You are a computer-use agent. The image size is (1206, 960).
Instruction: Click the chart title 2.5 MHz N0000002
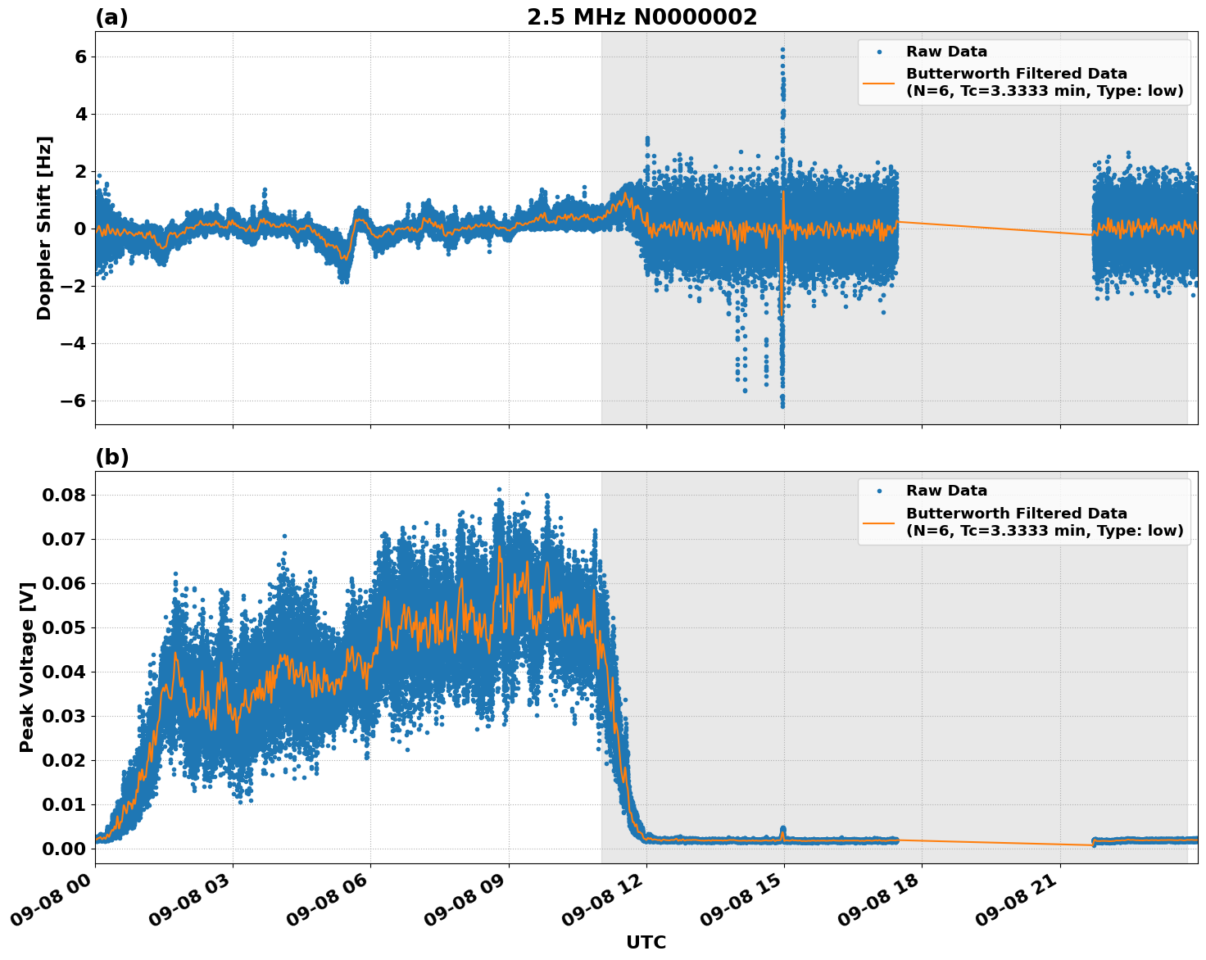pos(642,17)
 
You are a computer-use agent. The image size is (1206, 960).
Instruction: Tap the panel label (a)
pos(111,17)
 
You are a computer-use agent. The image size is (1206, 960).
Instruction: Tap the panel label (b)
pos(111,457)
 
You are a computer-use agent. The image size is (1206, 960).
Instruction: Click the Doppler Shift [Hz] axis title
pos(44,228)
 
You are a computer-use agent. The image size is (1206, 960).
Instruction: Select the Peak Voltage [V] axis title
pos(27,667)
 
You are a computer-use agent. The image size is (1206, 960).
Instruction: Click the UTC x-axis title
pos(646,942)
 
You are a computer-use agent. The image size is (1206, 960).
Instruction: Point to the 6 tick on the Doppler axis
pos(80,57)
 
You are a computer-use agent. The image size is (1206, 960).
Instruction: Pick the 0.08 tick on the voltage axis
pos(64,495)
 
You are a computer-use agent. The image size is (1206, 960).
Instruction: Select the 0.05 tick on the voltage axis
pos(64,627)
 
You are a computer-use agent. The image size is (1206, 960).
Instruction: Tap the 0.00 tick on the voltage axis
pos(64,849)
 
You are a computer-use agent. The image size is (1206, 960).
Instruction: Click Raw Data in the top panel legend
pos(946,52)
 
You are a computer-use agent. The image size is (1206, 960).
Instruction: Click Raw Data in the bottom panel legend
pos(946,491)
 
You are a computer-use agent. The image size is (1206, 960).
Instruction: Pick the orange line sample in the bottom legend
pos(879,522)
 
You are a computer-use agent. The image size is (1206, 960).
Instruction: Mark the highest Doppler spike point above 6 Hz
pos(782,50)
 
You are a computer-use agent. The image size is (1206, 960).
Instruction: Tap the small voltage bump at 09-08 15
pos(783,830)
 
